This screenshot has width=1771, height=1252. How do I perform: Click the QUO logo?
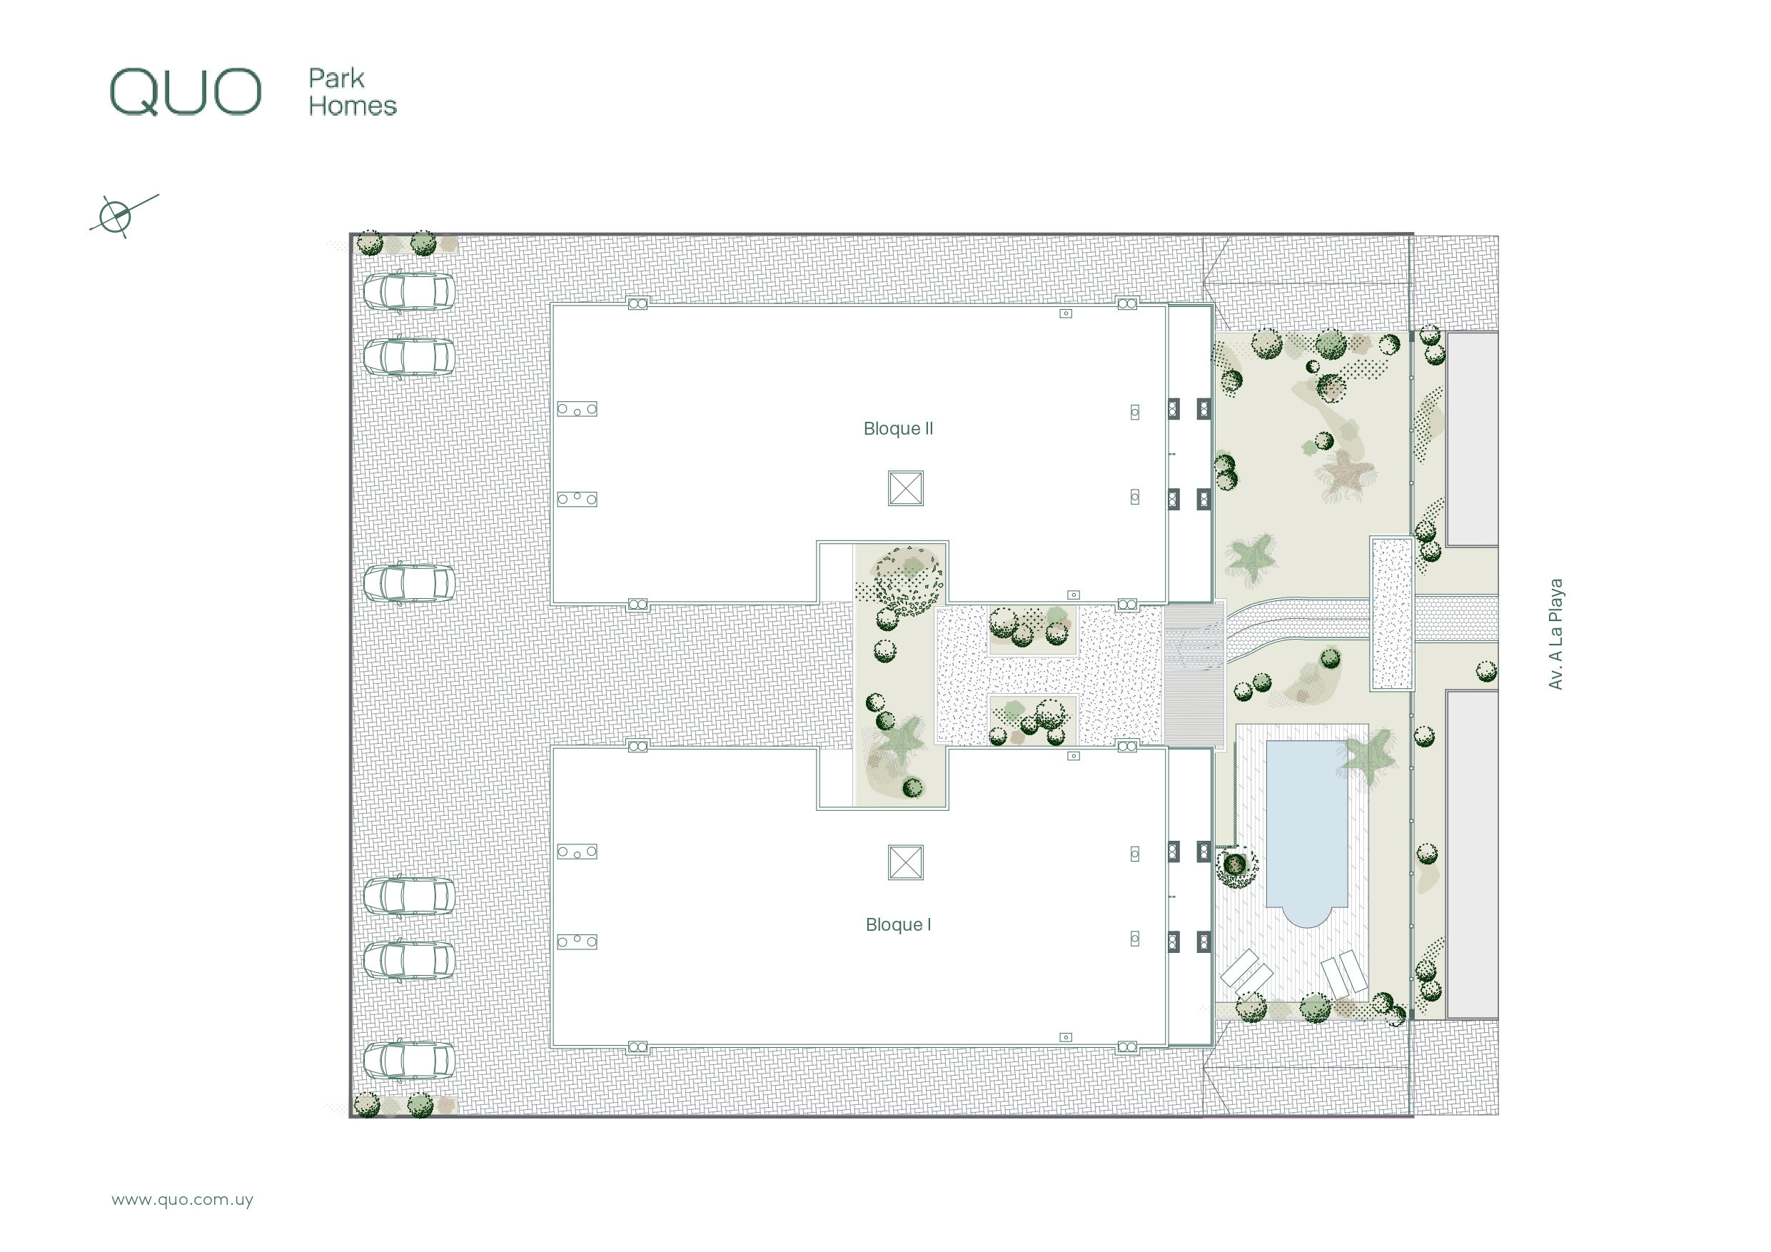185,92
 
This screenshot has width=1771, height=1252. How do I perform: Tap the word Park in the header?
336,78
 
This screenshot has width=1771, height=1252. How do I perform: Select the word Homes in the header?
353,106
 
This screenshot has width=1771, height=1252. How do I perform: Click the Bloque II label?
898,428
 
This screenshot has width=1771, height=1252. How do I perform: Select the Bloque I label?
898,924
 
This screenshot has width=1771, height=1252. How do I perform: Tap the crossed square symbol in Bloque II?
906,488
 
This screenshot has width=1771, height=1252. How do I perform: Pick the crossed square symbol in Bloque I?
906,862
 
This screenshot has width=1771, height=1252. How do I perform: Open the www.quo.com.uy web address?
182,1200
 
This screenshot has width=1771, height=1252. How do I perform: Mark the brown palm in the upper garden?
1346,475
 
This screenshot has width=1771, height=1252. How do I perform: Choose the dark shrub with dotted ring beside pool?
1236,864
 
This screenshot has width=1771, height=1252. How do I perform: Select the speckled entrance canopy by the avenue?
1392,613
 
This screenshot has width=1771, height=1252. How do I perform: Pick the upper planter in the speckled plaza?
1033,630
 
